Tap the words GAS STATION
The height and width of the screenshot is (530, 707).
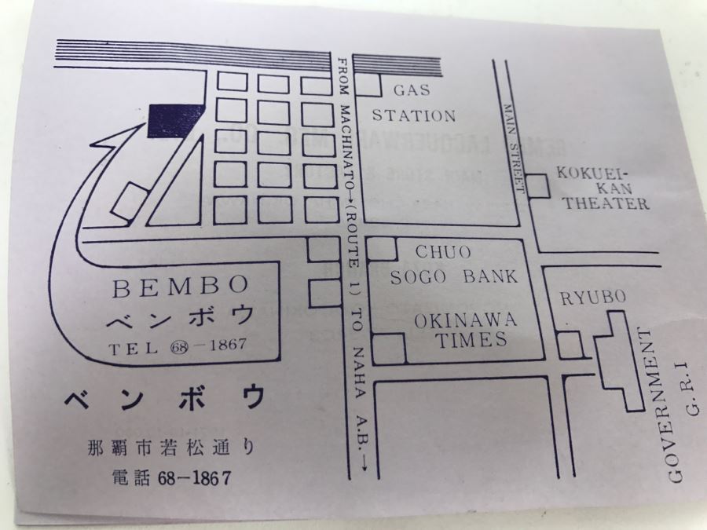pyautogui.click(x=414, y=103)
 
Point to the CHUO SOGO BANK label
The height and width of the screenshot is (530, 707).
pyautogui.click(x=455, y=265)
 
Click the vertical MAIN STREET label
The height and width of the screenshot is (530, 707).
pyautogui.click(x=514, y=146)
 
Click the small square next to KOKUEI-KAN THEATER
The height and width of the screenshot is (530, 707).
pyautogui.click(x=538, y=186)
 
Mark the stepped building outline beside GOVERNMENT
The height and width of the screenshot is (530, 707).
pyautogui.click(x=621, y=362)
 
